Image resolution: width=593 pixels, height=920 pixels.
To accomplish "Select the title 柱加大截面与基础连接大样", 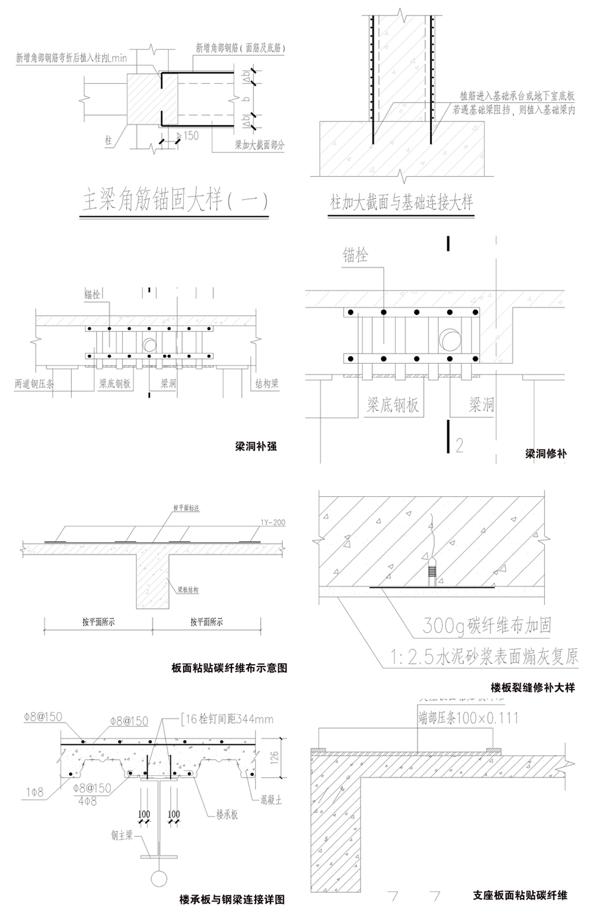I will pos(401,203).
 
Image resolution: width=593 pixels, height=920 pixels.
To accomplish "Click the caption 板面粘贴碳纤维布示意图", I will pos(229,668).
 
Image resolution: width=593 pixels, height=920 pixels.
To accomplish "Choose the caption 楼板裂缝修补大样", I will pos(533,689).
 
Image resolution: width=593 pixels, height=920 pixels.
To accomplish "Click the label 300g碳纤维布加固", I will pos(487,625).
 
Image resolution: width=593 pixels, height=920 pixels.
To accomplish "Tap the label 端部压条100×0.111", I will pos(468,718).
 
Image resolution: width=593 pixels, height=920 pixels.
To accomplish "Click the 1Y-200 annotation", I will pos(273,523).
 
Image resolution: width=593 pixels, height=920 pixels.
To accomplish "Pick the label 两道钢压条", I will pos(34,384).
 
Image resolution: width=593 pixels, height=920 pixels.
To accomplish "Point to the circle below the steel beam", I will pos(159,878).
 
